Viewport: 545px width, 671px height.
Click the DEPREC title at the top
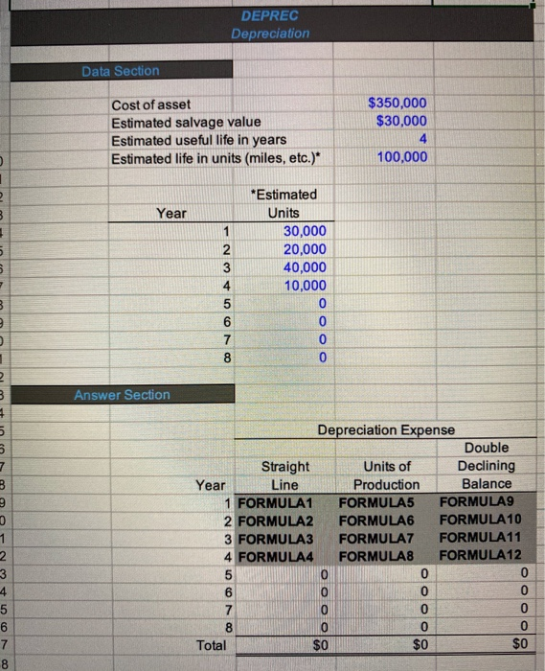tap(270, 15)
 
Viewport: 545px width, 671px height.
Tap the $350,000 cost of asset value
tap(398, 104)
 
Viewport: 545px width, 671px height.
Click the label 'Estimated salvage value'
tap(186, 122)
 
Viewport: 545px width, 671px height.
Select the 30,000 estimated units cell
tap(306, 231)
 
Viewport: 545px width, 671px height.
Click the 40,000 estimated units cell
tap(306, 267)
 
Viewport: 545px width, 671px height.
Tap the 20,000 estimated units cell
tap(306, 249)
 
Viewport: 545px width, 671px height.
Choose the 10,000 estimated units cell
tap(306, 286)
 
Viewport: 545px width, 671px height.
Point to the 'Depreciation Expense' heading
tap(387, 430)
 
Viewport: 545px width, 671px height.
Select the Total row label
tap(211, 645)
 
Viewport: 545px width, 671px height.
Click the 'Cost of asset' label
tap(151, 104)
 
